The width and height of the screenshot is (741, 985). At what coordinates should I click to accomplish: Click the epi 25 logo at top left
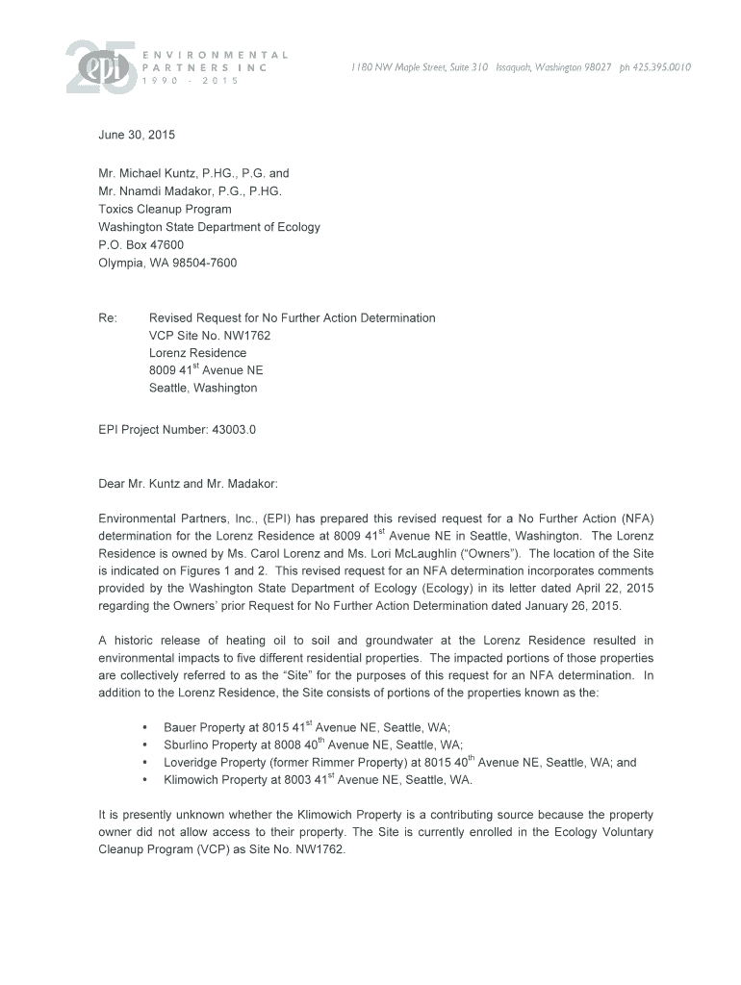pyautogui.click(x=95, y=67)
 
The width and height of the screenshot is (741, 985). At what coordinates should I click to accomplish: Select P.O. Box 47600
pyautogui.click(x=141, y=245)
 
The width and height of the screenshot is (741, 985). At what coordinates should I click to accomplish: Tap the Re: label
pyautogui.click(x=108, y=317)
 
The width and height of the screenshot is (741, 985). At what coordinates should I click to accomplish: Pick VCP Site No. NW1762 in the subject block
pyautogui.click(x=210, y=336)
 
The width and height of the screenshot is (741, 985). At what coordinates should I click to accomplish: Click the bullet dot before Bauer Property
pyautogui.click(x=143, y=727)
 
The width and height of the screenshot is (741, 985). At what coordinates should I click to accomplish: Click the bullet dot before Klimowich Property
pyautogui.click(x=143, y=780)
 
